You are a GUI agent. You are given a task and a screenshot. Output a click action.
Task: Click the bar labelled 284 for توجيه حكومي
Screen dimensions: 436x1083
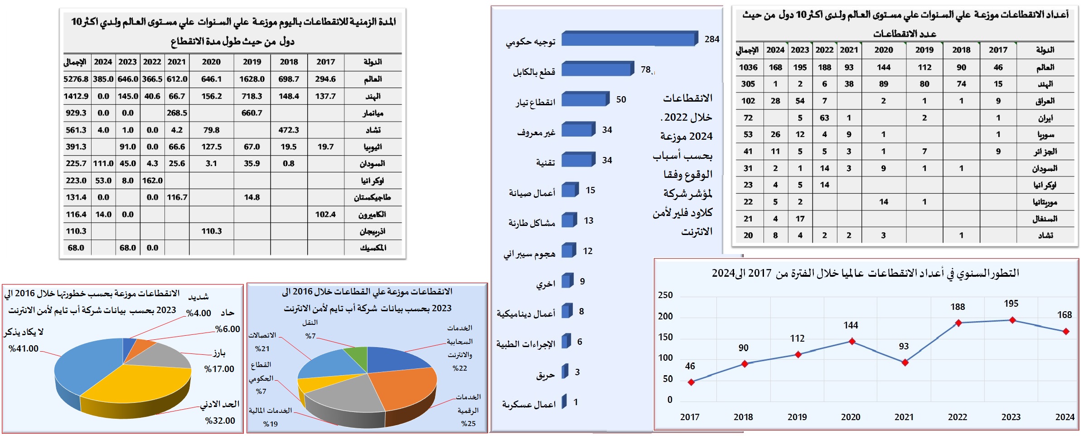629,39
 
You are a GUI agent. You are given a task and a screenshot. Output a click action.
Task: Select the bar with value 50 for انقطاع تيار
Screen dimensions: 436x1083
585,99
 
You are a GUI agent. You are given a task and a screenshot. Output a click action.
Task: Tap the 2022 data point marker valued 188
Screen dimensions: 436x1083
958,323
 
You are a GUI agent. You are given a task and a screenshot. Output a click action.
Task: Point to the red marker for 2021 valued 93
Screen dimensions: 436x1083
905,363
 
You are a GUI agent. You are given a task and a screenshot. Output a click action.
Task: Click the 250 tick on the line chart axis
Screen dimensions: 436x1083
665,295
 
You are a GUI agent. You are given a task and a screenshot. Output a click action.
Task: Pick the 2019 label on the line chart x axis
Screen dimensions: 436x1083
797,417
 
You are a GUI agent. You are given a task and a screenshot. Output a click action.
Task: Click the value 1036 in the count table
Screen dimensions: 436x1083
748,67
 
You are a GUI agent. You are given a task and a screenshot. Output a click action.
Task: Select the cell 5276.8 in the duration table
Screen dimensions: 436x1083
76,79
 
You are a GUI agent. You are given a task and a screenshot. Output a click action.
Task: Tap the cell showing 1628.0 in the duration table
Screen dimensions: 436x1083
252,79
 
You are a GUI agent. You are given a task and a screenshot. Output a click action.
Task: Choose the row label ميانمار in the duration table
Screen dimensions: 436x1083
373,113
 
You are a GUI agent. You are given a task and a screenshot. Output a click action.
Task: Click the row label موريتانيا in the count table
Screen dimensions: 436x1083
1045,202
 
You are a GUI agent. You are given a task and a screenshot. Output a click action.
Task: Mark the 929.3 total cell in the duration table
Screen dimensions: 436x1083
76,113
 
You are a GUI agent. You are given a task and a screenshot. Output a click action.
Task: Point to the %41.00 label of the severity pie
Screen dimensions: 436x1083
24,348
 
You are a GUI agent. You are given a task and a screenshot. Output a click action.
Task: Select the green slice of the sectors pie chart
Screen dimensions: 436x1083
358,356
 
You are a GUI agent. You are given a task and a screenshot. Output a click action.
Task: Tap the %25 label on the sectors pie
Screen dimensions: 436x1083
468,423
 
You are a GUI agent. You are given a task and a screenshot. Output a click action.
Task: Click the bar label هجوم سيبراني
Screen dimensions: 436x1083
529,254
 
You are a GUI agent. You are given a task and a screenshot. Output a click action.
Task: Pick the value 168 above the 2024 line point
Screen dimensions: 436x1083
1064,314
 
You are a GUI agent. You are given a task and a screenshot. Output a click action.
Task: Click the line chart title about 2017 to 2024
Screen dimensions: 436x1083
865,273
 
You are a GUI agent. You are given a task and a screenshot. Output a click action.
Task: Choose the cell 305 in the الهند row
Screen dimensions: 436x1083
748,84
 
